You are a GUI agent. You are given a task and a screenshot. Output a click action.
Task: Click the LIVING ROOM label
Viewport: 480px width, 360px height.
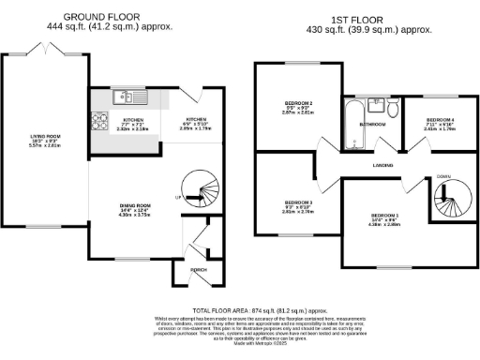pos(44,136)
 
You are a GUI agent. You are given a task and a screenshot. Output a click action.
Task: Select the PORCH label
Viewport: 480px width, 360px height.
pos(198,269)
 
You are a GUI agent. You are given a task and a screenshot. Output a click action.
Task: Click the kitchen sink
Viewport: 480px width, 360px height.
pos(123,95)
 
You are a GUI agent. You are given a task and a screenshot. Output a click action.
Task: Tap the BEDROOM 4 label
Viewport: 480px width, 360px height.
pos(440,121)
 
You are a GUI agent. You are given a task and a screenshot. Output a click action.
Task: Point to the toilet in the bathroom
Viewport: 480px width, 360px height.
pos(394,112)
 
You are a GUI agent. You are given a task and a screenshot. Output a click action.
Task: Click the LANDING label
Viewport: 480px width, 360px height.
pos(381,165)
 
